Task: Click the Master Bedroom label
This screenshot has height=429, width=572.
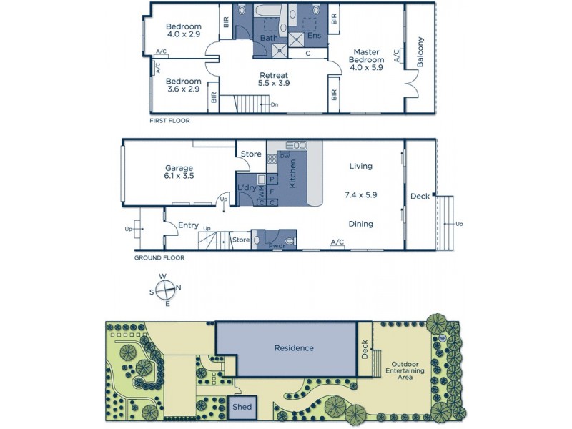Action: pyautogui.click(x=366, y=59)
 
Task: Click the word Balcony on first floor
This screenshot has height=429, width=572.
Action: pyautogui.click(x=420, y=51)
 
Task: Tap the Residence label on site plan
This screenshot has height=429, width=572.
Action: pyautogui.click(x=294, y=348)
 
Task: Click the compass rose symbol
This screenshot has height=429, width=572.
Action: pyautogui.click(x=165, y=290)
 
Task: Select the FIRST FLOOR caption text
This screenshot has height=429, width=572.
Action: pyautogui.click(x=169, y=121)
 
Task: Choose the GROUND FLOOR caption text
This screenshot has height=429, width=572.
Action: pyautogui.click(x=159, y=257)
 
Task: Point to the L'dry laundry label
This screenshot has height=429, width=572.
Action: pyautogui.click(x=246, y=188)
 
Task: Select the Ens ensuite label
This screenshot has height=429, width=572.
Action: pyautogui.click(x=314, y=35)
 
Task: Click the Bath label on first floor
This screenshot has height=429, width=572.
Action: pyautogui.click(x=269, y=37)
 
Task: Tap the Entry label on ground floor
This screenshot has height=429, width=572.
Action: pyautogui.click(x=188, y=225)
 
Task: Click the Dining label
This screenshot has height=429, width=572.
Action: pyautogui.click(x=360, y=224)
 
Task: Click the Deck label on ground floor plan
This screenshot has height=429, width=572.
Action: pyautogui.click(x=420, y=196)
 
